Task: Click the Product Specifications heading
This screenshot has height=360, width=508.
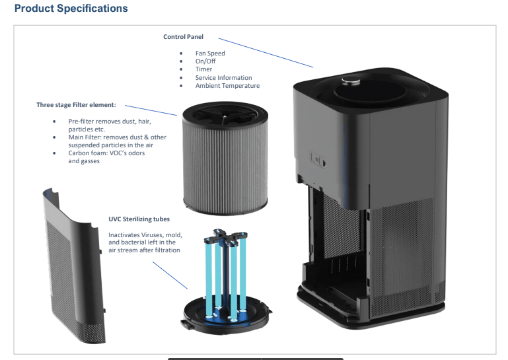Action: [71, 9]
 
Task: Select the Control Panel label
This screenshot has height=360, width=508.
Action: [184, 37]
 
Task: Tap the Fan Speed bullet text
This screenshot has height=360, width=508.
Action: [210, 54]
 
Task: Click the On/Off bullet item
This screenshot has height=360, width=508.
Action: [205, 61]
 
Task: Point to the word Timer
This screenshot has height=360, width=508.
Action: [203, 69]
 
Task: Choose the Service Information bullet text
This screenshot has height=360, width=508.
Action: [223, 78]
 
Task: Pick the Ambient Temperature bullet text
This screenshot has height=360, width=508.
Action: [227, 86]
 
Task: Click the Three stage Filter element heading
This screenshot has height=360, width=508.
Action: [76, 105]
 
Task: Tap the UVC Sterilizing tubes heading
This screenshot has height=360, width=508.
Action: [139, 219]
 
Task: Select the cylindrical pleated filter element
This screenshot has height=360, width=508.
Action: [225, 159]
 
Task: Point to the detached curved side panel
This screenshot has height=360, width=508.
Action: [72, 266]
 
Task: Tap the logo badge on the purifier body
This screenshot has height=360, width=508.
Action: [318, 159]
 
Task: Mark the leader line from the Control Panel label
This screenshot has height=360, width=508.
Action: [266, 53]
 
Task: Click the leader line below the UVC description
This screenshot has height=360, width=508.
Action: [170, 275]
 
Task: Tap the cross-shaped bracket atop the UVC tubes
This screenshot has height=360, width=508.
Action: [225, 237]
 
